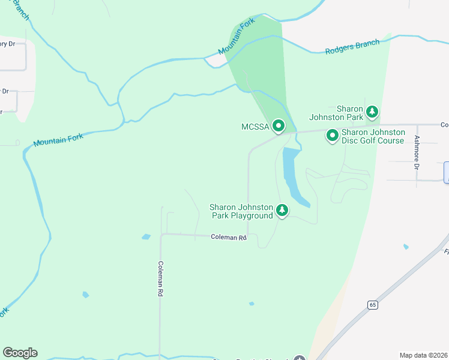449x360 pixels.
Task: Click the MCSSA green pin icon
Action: point(279,126)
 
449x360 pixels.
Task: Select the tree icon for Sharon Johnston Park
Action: point(372,112)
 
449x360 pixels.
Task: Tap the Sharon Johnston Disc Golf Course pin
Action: point(332,136)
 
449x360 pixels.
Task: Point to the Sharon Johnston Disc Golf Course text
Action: point(373,136)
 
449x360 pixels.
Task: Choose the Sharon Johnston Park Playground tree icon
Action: point(282,211)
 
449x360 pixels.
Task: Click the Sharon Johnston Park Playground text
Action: point(241,211)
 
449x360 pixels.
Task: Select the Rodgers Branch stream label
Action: point(352,47)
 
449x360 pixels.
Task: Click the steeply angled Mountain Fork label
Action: point(237,37)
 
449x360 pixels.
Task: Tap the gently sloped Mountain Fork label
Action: point(58,140)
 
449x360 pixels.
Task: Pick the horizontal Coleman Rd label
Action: point(229,237)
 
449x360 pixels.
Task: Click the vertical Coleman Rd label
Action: point(160,279)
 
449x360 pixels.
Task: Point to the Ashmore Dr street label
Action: point(416,152)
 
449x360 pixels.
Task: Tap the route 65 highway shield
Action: point(373,305)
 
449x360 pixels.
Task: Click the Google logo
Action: point(20,352)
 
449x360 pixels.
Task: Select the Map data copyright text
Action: point(423,355)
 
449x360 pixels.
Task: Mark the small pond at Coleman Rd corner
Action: point(146,237)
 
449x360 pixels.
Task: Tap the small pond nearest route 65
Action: point(406,247)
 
